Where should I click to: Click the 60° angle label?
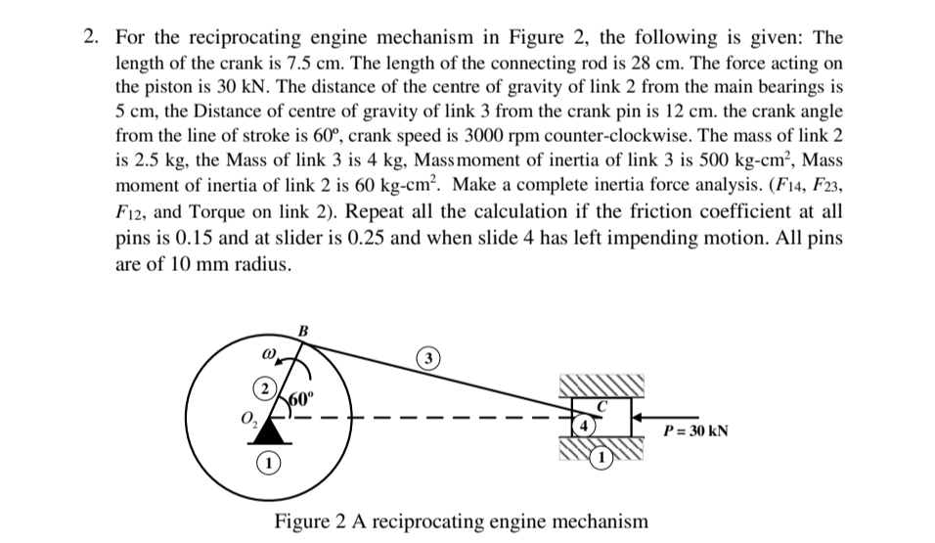pos(300,399)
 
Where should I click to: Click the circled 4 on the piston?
pos(585,427)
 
